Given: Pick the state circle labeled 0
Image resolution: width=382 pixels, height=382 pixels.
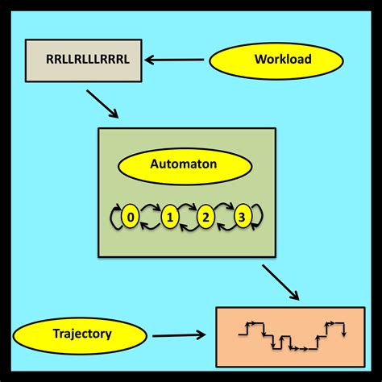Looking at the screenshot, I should [129, 216].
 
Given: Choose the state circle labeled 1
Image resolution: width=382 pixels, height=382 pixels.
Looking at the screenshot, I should [169, 216].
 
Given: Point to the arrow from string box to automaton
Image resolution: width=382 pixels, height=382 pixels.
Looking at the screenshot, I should [103, 103].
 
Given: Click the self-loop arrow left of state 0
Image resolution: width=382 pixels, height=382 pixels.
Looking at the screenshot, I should [114, 216].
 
